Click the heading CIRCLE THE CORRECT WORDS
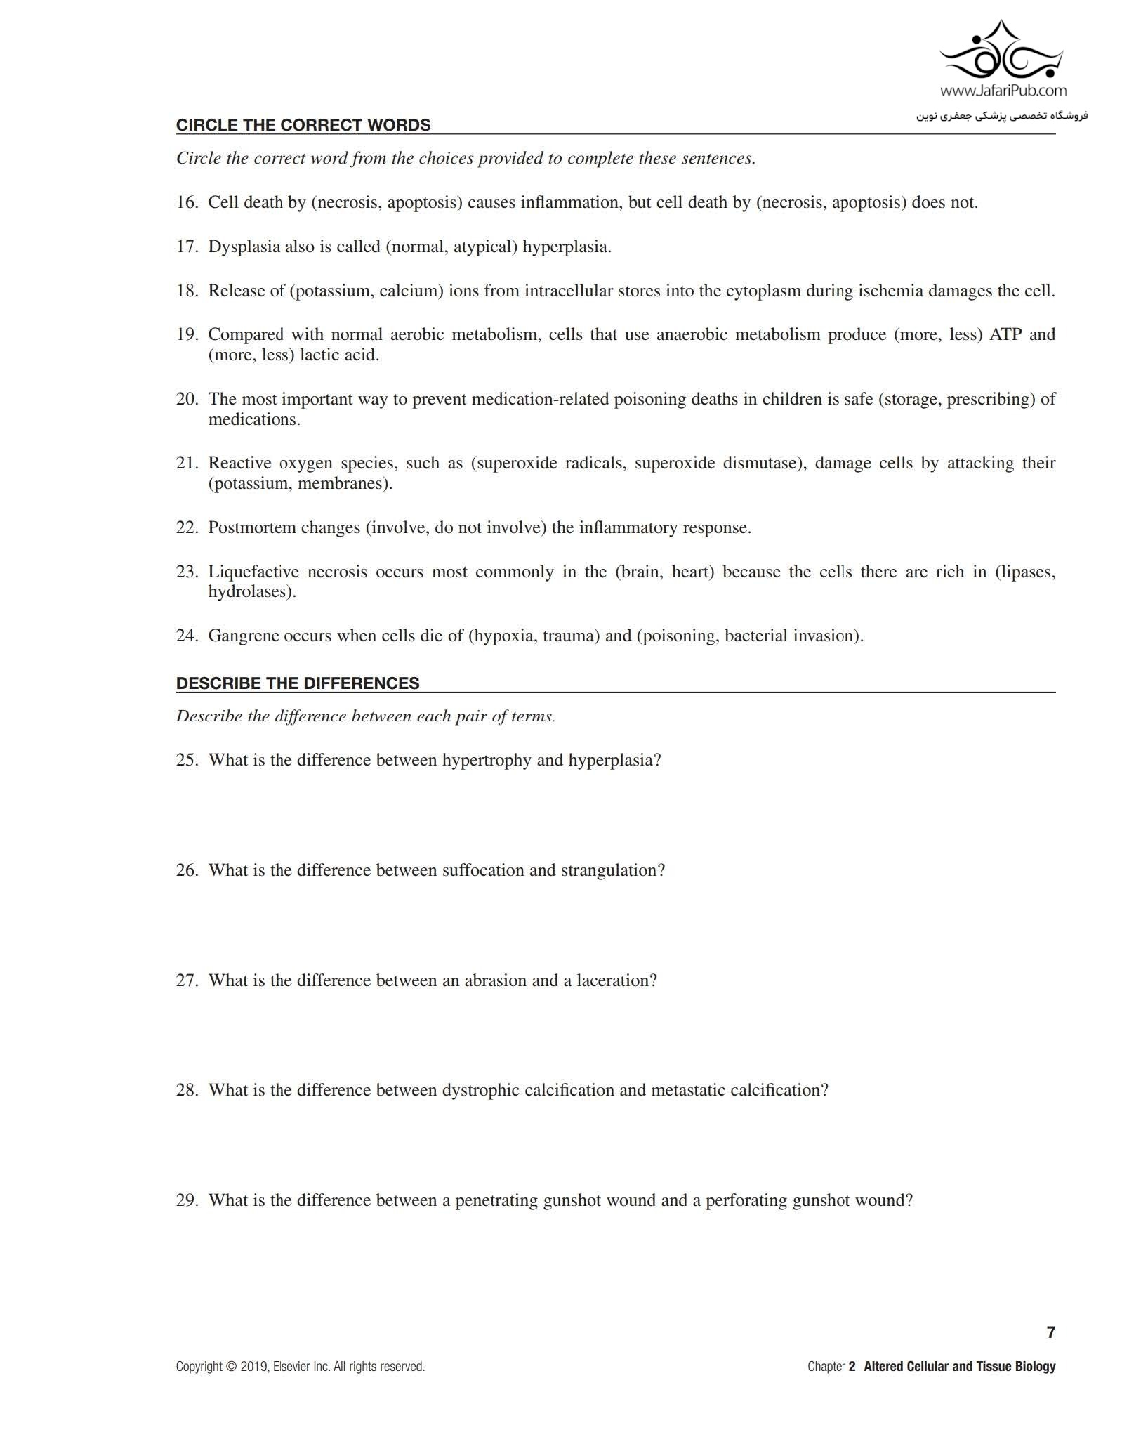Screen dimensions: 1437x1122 tap(303, 125)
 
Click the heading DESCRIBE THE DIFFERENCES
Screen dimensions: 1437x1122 tap(298, 683)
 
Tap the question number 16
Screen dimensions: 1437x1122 tap(187, 203)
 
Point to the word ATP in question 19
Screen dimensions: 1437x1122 tap(1005, 334)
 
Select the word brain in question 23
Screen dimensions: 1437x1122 tap(641, 572)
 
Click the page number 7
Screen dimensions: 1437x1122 tap(1050, 1332)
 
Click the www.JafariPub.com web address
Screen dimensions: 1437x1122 tap(1003, 91)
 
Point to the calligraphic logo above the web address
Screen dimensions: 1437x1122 tap(1002, 51)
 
